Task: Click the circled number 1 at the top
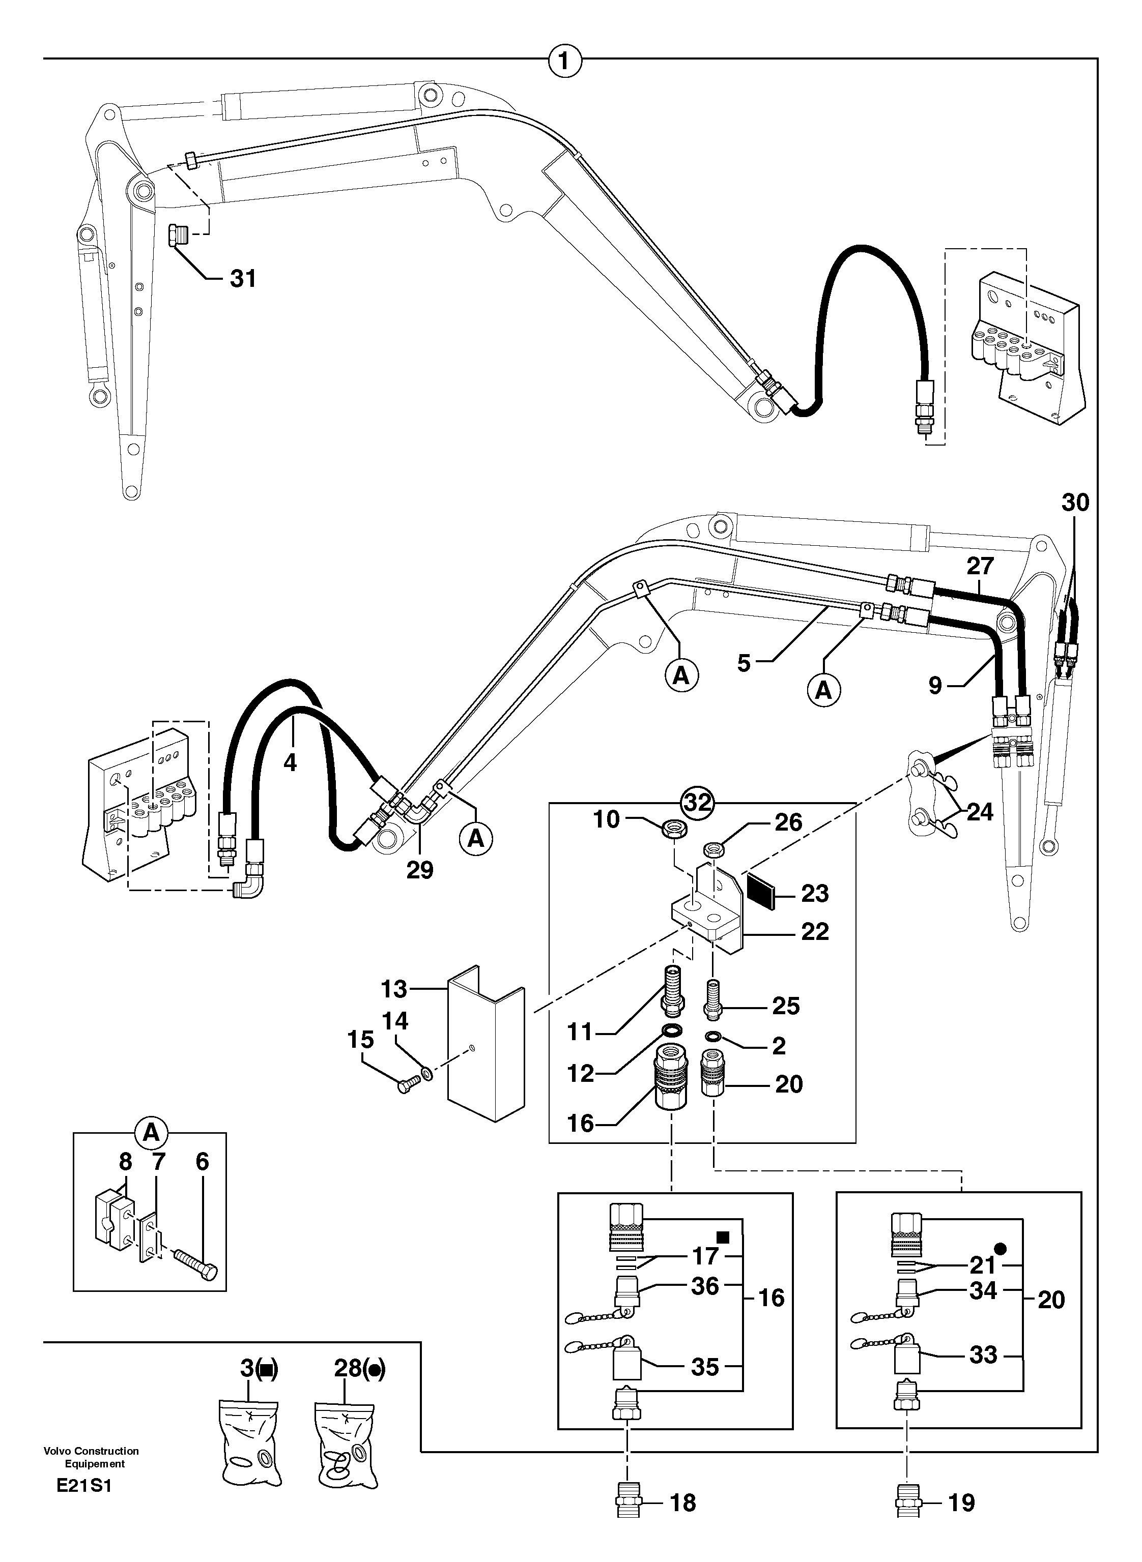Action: pos(565,62)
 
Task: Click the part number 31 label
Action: pos(243,279)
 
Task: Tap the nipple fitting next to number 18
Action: pos(629,1517)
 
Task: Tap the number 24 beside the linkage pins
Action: pos(980,812)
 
